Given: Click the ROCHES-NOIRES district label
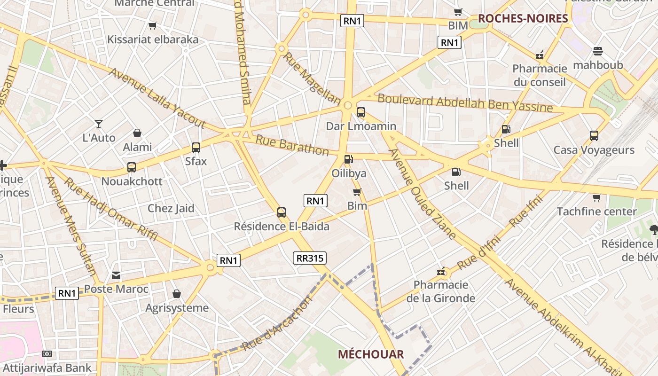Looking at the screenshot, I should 523,18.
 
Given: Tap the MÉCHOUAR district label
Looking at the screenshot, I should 371,354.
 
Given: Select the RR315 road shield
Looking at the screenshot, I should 310,258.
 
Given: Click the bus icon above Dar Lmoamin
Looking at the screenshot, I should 361,112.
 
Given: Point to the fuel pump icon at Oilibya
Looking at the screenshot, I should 348,160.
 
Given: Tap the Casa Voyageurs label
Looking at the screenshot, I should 594,150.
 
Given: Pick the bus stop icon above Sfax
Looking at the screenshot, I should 196,148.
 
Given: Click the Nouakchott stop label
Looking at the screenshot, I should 132,181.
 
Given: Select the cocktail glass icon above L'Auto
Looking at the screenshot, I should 99,124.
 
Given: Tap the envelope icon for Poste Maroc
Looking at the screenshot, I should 116,275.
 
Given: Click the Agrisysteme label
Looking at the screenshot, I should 177,308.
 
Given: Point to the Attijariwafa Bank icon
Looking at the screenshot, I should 47,354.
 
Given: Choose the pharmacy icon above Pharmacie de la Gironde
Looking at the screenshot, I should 441,271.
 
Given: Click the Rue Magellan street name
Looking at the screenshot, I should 311,78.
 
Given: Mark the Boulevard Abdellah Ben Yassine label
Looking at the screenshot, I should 465,103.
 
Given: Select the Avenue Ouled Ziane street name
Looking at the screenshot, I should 422,194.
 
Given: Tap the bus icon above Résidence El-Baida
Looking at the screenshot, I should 282,212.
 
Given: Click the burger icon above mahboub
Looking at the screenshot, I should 598,51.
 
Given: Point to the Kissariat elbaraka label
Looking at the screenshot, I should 153,39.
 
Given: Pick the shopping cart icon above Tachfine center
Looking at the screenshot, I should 596,197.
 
